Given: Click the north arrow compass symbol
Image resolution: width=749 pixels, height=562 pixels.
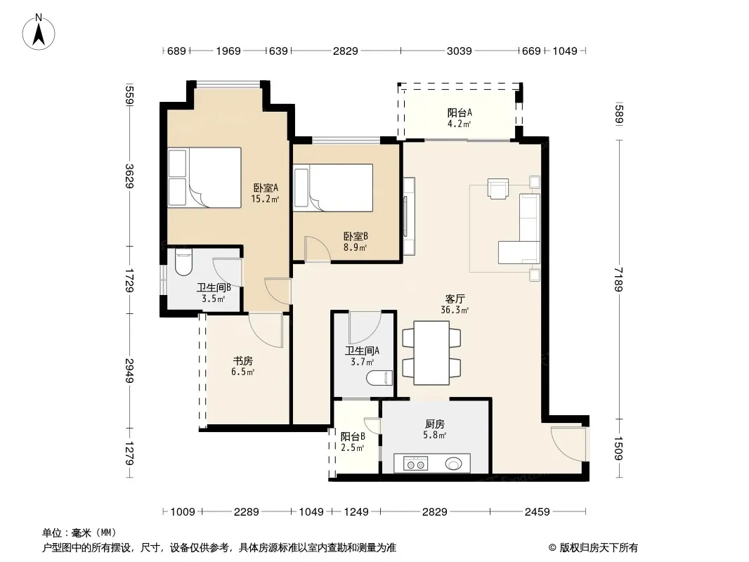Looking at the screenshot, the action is [39, 32].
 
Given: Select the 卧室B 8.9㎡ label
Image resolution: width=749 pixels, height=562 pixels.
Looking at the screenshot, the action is [356, 242].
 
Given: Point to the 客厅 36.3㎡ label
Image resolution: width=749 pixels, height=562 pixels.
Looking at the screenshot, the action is [455, 304].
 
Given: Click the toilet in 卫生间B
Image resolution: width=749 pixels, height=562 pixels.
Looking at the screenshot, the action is [183, 263].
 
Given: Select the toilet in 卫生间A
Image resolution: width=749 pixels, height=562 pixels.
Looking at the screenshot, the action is [379, 378].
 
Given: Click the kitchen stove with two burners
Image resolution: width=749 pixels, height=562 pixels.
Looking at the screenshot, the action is [415, 464].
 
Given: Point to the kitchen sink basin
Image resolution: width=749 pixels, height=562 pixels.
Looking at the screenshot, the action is [454, 463].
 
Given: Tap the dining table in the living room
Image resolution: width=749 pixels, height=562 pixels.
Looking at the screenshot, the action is [431, 353].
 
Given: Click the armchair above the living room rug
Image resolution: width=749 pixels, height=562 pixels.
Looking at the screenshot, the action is [498, 188].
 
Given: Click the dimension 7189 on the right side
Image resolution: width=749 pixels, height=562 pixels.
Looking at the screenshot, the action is [619, 280].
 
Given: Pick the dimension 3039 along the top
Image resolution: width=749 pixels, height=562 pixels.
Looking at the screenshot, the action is [459, 51].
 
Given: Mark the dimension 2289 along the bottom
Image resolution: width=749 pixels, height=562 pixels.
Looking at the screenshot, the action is [247, 512].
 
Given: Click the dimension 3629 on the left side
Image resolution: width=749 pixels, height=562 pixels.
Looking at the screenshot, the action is [129, 176].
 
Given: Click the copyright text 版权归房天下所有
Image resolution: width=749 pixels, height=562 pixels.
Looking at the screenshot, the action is [599, 548].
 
